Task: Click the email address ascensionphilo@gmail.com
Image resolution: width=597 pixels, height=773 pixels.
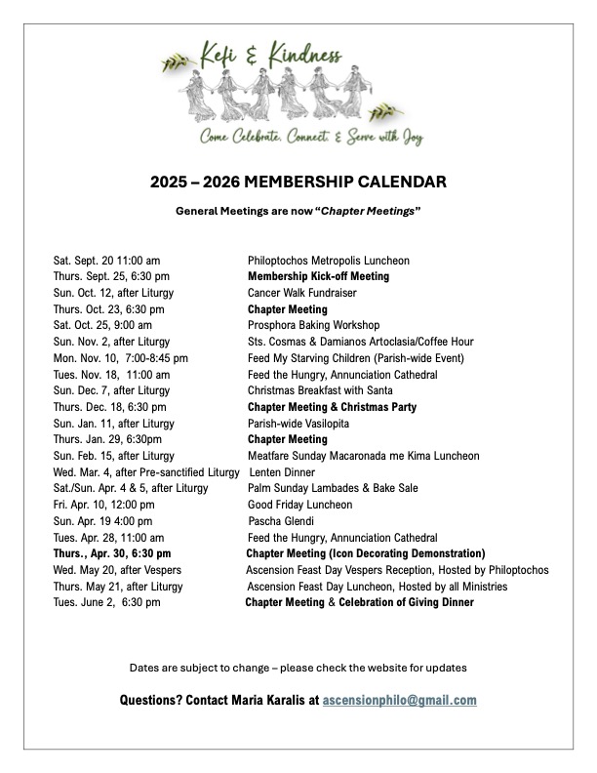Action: click(x=400, y=700)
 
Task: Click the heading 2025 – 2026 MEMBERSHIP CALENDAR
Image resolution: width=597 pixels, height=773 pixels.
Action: click(x=298, y=182)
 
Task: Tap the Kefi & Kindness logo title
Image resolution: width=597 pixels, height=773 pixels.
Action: click(x=274, y=60)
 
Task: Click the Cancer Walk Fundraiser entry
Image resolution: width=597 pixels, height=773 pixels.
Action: click(x=302, y=293)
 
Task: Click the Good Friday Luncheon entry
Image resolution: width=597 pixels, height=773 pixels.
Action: click(x=299, y=505)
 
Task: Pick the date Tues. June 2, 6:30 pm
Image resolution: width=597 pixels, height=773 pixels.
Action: click(x=106, y=602)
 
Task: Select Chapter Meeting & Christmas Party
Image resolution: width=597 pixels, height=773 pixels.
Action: click(x=326, y=407)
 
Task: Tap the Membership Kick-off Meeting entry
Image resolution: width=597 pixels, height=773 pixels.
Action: click(x=318, y=276)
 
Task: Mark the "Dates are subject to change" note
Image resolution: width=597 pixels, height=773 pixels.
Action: click(x=298, y=668)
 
